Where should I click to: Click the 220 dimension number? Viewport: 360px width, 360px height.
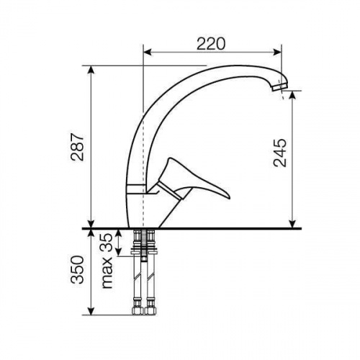point(211,44)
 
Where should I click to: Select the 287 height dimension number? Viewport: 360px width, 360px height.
point(77,147)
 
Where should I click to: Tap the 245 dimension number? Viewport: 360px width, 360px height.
point(280,153)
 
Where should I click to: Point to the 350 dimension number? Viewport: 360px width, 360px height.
point(77,270)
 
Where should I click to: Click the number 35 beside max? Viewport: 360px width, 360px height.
point(106,243)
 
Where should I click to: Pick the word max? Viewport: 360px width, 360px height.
point(107,272)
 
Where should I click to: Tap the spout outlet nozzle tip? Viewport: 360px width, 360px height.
point(280,87)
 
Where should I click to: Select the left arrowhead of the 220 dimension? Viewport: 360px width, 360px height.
point(148,52)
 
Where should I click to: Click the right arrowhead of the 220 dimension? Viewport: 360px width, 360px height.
point(277,52)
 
